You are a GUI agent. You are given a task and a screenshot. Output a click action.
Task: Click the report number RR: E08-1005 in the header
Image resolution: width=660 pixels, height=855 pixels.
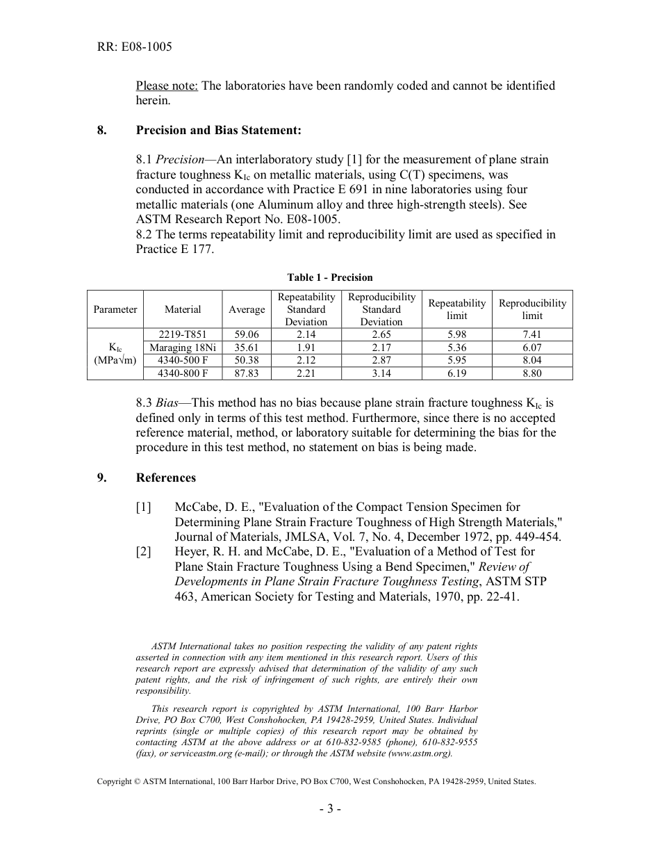point(134,47)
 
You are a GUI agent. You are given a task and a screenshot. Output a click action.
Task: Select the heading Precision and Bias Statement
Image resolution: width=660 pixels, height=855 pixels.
point(219,130)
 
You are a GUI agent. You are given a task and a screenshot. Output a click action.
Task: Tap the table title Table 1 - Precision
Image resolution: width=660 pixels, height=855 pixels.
point(330,277)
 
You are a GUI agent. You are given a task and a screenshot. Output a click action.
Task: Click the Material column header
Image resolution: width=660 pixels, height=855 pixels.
point(183,309)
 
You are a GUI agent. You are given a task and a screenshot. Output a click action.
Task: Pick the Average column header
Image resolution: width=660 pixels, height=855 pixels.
point(247,309)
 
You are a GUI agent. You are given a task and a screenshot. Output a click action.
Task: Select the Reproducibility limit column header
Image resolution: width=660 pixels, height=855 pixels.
point(532,309)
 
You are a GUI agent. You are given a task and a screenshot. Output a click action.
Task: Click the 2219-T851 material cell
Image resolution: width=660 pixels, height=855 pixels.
point(183,334)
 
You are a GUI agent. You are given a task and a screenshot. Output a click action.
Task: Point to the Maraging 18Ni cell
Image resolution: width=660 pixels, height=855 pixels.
point(183,348)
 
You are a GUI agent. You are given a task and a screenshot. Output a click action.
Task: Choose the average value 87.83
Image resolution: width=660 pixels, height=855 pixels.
point(247,373)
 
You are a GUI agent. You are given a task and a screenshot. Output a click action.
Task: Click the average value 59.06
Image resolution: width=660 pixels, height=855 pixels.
point(247,334)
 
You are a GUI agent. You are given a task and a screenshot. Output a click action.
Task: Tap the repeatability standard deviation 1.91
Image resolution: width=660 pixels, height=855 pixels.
point(306,348)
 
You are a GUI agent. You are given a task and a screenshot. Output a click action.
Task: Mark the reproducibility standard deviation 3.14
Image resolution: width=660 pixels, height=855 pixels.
point(381,373)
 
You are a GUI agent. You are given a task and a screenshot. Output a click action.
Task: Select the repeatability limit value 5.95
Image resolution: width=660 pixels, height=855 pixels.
point(456,360)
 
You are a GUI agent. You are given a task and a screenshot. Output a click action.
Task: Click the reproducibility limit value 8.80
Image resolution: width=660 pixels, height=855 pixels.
point(532,373)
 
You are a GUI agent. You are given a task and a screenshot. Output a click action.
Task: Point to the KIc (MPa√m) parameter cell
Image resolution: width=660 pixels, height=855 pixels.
point(115,353)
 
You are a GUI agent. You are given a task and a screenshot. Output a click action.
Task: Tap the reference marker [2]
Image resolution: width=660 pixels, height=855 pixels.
point(143,551)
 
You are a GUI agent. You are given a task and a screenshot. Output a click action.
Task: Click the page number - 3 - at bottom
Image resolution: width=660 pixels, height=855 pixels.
point(330,808)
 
